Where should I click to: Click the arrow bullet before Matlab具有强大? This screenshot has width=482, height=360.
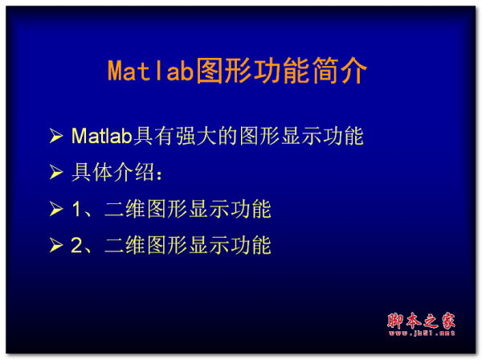[x=55, y=137]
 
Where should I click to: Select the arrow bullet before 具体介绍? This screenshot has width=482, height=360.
[x=55, y=174]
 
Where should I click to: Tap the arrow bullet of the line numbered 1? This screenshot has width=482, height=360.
[x=55, y=211]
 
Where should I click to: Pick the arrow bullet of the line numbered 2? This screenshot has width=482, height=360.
[x=55, y=246]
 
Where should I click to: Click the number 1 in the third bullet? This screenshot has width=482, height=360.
[x=77, y=211]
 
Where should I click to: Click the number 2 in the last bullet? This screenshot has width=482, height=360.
[x=77, y=246]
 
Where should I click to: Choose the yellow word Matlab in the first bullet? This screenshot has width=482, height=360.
[x=101, y=137]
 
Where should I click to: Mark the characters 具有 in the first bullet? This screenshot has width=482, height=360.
[x=153, y=137]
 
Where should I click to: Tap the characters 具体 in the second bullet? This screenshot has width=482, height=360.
[x=92, y=174]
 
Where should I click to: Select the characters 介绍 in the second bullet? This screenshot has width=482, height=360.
[x=133, y=174]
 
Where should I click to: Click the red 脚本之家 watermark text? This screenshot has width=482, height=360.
[x=421, y=319]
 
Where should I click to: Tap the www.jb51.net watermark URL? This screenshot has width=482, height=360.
[x=421, y=333]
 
